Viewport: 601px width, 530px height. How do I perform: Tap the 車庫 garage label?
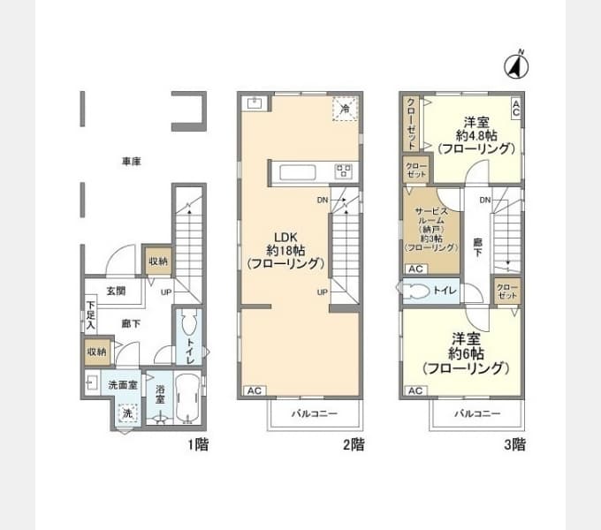[x=133, y=162]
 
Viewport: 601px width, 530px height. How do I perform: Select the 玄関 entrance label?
[x=116, y=291]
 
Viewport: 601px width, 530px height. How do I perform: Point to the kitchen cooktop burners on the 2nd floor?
[x=343, y=170]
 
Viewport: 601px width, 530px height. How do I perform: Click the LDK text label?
[x=285, y=236]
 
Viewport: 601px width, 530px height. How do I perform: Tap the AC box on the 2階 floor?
[x=251, y=390]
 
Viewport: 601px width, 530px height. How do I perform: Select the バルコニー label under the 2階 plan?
[x=315, y=413]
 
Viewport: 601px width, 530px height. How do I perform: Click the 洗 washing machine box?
[x=126, y=413]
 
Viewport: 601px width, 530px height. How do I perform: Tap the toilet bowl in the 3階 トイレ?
[x=416, y=291]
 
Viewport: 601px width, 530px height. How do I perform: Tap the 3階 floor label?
[x=514, y=444]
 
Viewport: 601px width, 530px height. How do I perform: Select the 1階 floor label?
[x=198, y=444]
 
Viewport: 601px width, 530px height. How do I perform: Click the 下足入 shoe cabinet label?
[x=90, y=315]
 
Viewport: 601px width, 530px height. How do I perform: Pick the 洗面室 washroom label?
[x=123, y=385]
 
